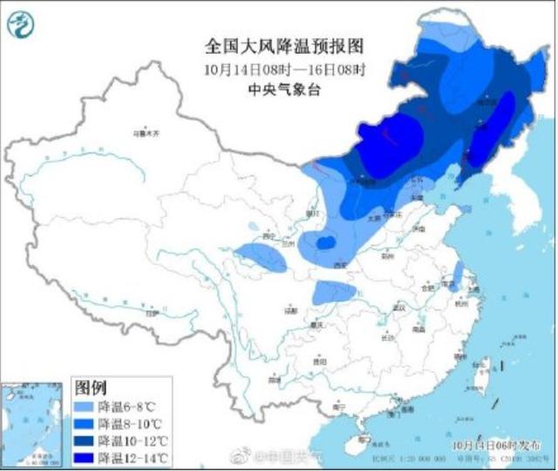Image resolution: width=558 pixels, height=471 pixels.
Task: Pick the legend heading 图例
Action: [92, 386]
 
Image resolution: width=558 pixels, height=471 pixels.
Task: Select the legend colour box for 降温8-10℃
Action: [83, 422]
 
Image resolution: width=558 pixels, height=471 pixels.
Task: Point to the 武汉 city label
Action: [400, 308]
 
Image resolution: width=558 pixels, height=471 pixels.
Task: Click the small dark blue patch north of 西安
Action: [324, 241]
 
